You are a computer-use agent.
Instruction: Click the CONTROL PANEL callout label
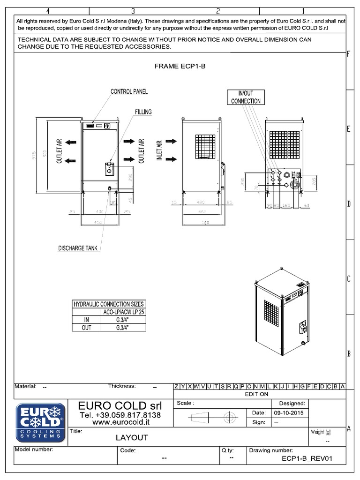click(x=129, y=91)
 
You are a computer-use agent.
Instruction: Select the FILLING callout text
click(x=143, y=112)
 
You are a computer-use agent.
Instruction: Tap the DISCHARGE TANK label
click(x=78, y=248)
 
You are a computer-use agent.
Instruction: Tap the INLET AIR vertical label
click(x=159, y=151)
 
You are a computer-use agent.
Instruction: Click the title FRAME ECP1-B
click(x=180, y=67)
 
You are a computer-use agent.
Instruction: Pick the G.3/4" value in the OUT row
click(x=122, y=327)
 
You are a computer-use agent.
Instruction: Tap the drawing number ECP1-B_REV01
click(x=307, y=459)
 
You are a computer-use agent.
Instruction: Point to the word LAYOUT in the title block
click(x=132, y=438)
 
